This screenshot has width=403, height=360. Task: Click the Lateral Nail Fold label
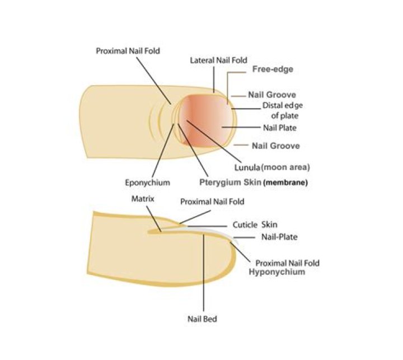pos(218,60)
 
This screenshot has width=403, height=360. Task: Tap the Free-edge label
pos(273,69)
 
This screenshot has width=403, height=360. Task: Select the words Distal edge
pos(283,106)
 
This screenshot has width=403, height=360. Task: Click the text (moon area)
pos(285,167)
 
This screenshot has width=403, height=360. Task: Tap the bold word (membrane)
pos(285,183)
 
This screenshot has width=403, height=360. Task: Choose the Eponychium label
pos(148,183)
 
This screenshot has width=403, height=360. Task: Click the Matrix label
pos(143,199)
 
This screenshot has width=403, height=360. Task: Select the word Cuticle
pos(245,225)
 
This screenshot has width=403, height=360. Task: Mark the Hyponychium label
pos(277,272)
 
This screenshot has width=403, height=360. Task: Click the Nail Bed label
pos(202,319)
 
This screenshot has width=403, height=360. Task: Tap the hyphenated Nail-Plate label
pos(279,237)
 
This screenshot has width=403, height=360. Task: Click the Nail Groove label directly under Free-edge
pos(272,95)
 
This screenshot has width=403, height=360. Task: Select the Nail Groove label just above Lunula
pos(276,146)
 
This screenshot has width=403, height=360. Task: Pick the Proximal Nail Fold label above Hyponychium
pos(287,263)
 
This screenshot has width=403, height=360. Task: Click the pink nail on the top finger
pos(205,120)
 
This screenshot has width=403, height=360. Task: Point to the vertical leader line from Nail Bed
pos(204,273)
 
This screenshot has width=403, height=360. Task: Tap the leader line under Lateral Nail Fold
pos(214,79)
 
